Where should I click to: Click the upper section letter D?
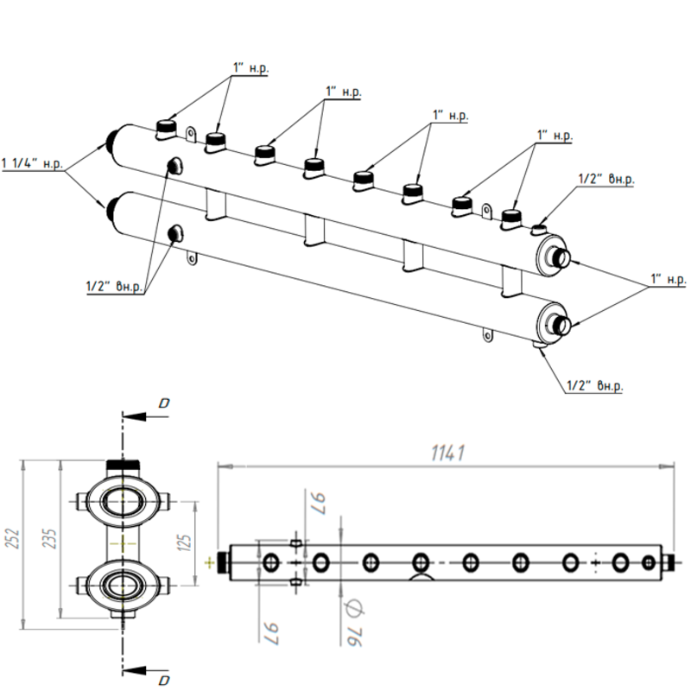[x=164, y=403]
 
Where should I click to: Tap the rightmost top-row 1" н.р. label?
[x=555, y=136]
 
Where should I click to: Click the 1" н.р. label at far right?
[x=669, y=281]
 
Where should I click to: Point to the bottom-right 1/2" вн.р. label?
[x=594, y=385]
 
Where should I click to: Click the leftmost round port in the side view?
[x=271, y=563]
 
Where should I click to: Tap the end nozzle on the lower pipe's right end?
[x=562, y=325]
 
